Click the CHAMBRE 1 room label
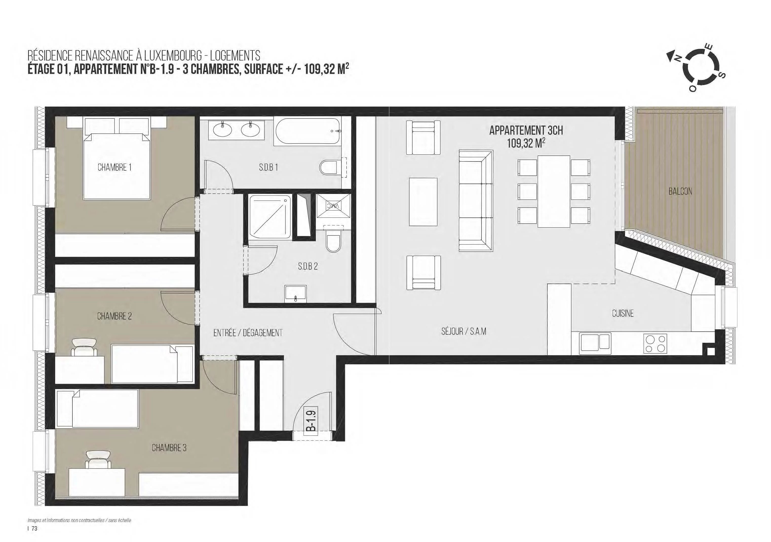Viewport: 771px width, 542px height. point(114,167)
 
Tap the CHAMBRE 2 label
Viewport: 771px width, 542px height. point(114,316)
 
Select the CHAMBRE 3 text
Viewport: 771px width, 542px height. point(169,448)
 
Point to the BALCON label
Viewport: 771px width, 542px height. point(680,191)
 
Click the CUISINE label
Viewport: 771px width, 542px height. point(623,313)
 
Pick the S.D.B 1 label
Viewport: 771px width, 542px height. point(268,167)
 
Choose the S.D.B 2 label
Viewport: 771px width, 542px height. point(307,266)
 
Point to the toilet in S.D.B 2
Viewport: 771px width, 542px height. point(333,239)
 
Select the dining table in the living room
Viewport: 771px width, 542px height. point(554,191)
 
